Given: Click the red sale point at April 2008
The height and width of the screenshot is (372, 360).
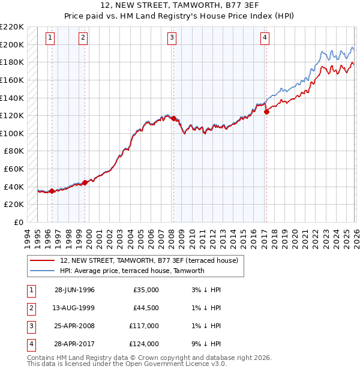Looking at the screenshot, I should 173,119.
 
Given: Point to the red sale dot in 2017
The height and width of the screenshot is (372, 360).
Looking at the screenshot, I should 266,112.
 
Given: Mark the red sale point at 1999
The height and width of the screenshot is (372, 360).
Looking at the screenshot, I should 85,182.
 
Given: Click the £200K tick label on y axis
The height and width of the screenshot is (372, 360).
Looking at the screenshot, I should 12,44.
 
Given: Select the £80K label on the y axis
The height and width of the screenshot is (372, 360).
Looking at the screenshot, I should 14,151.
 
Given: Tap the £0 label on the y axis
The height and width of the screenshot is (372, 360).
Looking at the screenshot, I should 19,222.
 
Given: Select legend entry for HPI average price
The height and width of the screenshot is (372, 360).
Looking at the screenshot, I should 132,271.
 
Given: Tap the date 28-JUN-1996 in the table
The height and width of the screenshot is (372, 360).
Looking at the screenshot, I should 74,290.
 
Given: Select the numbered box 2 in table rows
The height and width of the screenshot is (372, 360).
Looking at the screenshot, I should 30,308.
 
